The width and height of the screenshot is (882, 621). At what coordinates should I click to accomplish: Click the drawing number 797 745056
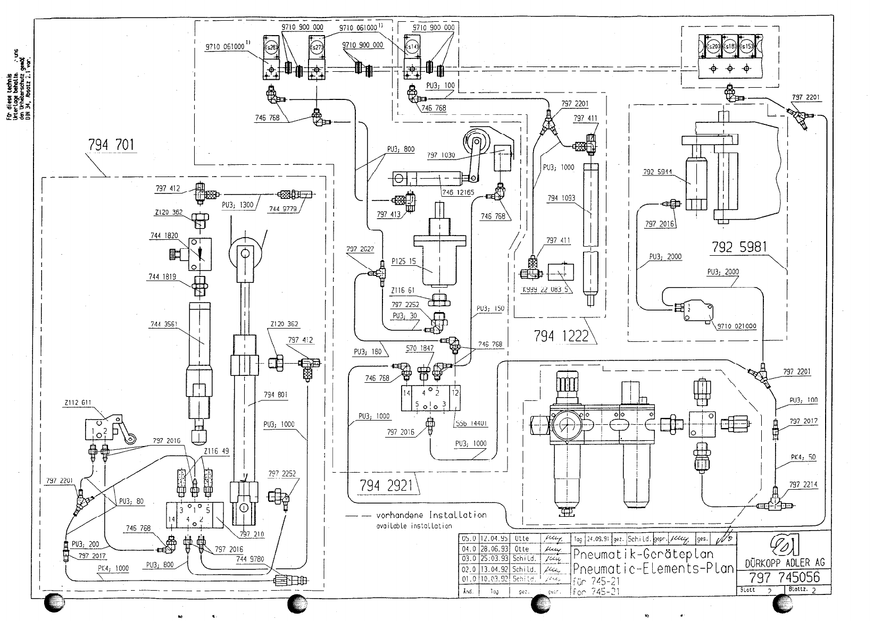coord(784,577)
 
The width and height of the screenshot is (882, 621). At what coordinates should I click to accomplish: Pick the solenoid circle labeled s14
coord(411,47)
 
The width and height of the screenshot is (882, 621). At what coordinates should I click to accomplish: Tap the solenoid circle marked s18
coord(730,47)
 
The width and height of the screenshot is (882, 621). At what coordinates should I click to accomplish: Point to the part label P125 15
coord(404,261)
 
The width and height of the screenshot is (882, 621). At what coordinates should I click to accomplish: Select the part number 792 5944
coord(658,172)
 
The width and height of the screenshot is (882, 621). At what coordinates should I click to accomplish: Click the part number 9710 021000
coord(737,326)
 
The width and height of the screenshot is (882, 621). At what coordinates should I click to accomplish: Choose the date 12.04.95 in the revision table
coord(492,538)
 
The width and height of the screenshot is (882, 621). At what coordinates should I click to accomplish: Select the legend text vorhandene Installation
coord(431,515)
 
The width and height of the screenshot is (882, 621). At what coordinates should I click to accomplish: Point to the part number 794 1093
coord(561,198)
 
